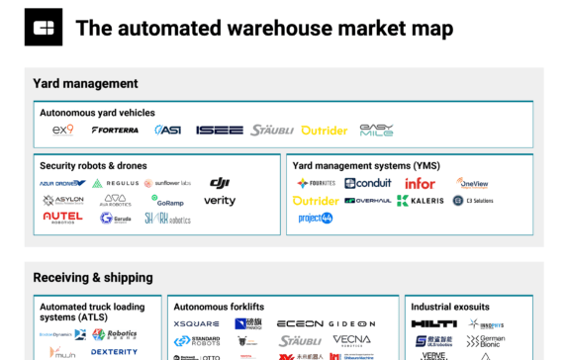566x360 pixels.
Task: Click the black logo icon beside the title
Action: coord(44,28)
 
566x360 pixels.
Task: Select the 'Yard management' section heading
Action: coord(85,84)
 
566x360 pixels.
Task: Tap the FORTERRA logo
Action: coord(115,131)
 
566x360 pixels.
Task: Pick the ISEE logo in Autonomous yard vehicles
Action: coord(219,131)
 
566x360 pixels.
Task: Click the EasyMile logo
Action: coord(376,130)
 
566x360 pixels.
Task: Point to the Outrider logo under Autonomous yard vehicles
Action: coord(325,131)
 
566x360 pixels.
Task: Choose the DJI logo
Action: coord(220,183)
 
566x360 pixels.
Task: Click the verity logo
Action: coord(220,201)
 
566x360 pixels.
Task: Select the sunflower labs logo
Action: coord(170,184)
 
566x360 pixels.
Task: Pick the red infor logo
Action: coord(420,183)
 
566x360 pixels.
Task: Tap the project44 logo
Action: coord(316,219)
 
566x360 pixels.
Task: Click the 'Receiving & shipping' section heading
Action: coord(93,278)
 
